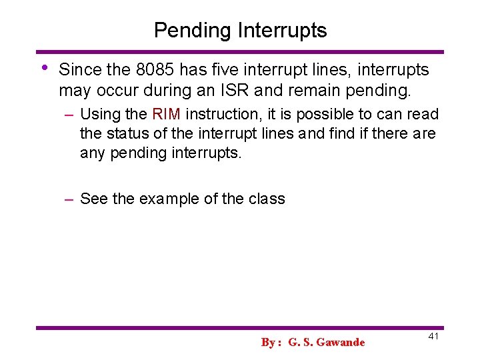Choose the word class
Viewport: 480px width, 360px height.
(266, 199)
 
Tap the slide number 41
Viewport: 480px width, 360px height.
(433, 337)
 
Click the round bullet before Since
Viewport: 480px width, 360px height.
(44, 68)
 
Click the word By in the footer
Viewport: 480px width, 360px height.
(268, 343)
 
